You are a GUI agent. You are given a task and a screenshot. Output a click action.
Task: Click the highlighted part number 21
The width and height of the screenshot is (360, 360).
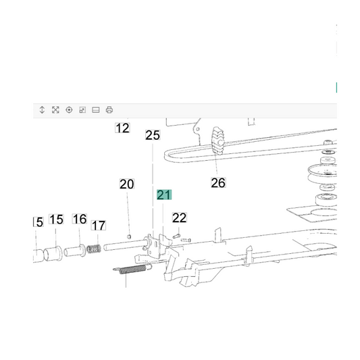tap(164, 195)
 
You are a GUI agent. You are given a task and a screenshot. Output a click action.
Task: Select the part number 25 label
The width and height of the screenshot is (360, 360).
tap(153, 135)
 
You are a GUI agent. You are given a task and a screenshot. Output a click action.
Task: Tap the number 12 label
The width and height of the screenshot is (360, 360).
tap(122, 128)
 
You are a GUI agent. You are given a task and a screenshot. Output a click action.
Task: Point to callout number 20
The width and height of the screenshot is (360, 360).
tap(127, 184)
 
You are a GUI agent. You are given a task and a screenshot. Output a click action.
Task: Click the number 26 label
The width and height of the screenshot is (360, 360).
tap(218, 183)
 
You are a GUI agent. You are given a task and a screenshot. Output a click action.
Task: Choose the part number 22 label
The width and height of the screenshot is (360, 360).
tap(179, 217)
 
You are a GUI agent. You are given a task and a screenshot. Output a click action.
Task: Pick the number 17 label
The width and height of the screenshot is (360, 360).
tap(99, 225)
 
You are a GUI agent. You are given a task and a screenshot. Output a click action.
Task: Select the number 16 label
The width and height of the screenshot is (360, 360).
tap(80, 219)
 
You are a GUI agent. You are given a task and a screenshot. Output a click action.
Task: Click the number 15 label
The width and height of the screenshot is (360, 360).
tap(56, 220)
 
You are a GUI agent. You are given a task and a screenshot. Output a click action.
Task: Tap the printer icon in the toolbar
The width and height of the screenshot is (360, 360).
tap(109, 109)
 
